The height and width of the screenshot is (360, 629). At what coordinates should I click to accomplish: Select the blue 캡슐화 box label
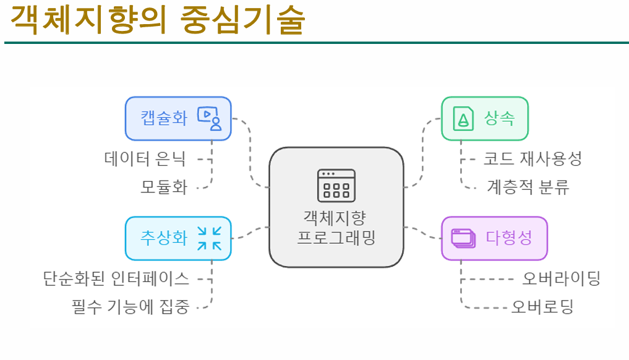pyautogui.click(x=164, y=118)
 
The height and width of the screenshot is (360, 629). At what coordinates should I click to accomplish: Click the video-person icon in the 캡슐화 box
pyautogui.click(x=209, y=118)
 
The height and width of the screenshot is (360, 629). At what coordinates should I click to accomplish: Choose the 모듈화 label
pyautogui.click(x=164, y=186)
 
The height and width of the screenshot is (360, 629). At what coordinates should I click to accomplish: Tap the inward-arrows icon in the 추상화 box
pyautogui.click(x=209, y=238)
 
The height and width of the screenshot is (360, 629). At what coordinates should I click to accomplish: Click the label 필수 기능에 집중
pyautogui.click(x=131, y=306)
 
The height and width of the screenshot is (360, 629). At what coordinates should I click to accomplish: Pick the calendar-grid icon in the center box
pyautogui.click(x=336, y=186)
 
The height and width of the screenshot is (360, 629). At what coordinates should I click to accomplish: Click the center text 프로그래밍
pyautogui.click(x=336, y=238)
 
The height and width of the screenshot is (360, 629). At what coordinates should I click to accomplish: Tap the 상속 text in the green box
pyautogui.click(x=500, y=118)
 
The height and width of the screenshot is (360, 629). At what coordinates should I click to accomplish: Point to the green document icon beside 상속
pyautogui.click(x=463, y=118)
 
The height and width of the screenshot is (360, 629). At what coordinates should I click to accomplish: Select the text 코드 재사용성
pyautogui.click(x=533, y=159)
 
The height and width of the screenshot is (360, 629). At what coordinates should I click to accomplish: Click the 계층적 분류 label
pyautogui.click(x=528, y=186)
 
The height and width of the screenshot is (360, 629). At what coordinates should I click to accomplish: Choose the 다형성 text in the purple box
pyautogui.click(x=508, y=238)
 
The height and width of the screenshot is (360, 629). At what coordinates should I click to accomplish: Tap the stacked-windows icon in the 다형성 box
pyautogui.click(x=463, y=238)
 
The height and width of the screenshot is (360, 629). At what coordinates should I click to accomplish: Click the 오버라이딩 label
pyautogui.click(x=561, y=278)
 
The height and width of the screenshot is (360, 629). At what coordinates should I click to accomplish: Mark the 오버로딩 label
pyautogui.click(x=542, y=306)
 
